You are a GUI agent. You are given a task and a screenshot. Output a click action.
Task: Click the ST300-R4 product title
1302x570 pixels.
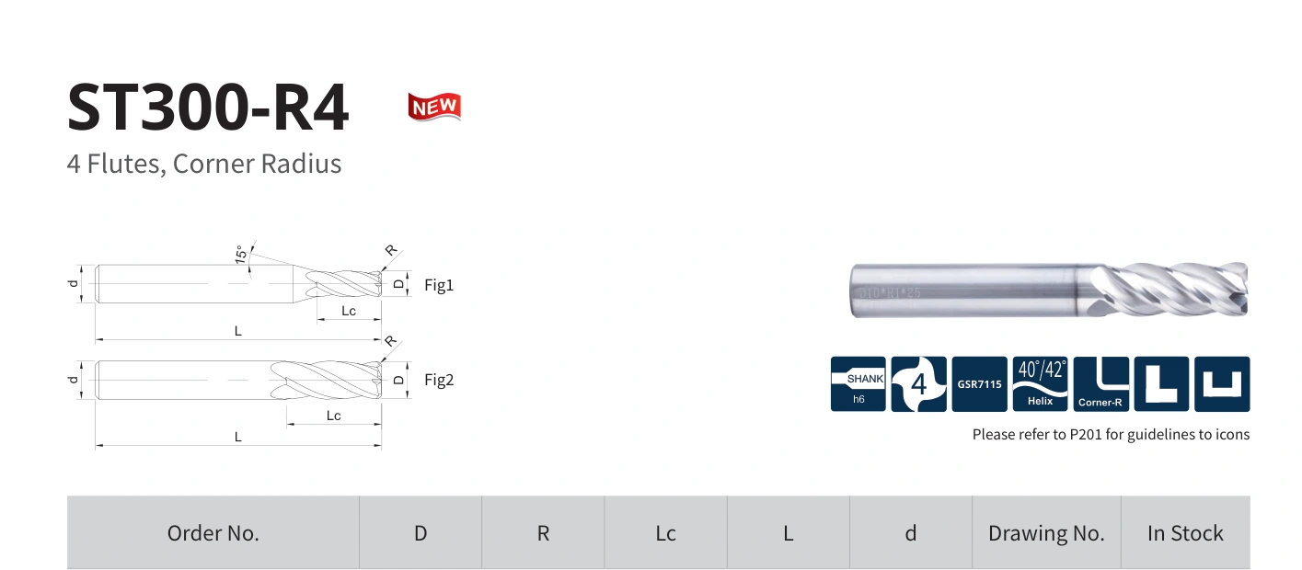[208, 108]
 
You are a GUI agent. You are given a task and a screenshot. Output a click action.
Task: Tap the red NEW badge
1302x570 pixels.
[434, 107]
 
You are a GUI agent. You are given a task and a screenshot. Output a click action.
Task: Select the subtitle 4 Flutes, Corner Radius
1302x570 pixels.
[204, 164]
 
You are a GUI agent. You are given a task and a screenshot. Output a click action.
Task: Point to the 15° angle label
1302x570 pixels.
[241, 255]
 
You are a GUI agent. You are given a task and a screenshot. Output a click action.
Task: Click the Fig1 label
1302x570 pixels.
[439, 285]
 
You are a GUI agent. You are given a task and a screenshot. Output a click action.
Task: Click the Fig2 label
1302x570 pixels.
[439, 380]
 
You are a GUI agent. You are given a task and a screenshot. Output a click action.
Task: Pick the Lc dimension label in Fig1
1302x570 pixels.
[349, 311]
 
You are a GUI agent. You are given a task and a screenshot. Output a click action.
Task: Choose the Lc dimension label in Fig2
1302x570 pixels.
[334, 416]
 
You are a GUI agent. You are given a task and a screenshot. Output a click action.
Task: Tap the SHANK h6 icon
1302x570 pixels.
[858, 384]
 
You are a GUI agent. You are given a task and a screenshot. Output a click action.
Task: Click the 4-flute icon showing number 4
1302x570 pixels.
[918, 384]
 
